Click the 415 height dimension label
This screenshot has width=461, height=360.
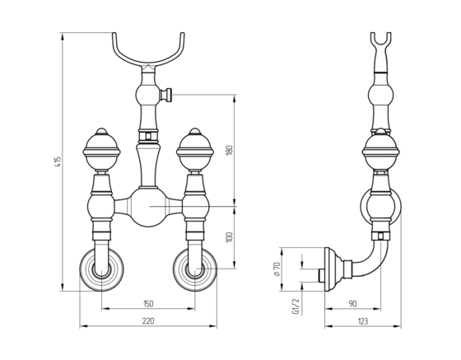pyautogui.click(x=58, y=161)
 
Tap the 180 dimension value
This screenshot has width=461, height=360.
pyautogui.click(x=230, y=150)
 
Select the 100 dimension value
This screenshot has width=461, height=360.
pyautogui.click(x=230, y=237)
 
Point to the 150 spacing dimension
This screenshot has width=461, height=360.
pyautogui.click(x=148, y=303)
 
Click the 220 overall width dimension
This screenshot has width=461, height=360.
pyautogui.click(x=148, y=321)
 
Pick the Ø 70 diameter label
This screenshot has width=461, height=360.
pyautogui.click(x=277, y=269)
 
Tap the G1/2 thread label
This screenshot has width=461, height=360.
pyautogui.click(x=296, y=306)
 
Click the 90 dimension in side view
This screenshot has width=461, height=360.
pyautogui.click(x=352, y=303)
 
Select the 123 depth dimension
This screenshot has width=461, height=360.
pyautogui.click(x=363, y=321)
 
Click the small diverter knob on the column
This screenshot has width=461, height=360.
pyautogui.click(x=165, y=95)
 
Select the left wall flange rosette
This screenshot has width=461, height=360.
pyautogui.click(x=101, y=269)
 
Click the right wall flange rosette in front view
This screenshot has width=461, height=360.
pyautogui.click(x=195, y=269)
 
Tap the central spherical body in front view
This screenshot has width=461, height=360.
pyautogui.click(x=148, y=207)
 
